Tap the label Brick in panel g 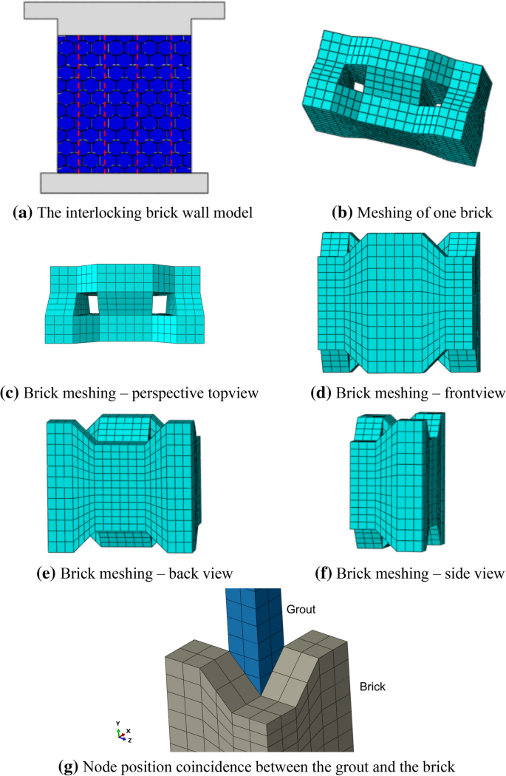coord(374,687)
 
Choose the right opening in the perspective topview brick coord(161,304)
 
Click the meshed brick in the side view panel coord(397,480)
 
